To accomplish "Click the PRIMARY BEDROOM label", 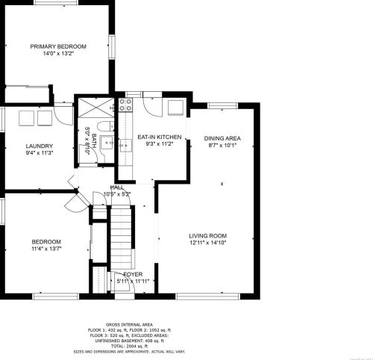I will [57, 46].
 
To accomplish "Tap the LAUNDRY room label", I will [38, 146].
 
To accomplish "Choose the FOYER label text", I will [133, 275].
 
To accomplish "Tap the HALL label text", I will [117, 187].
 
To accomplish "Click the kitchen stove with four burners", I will [125, 104].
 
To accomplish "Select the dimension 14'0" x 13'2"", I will [57, 54].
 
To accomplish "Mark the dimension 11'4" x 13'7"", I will [46, 249].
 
